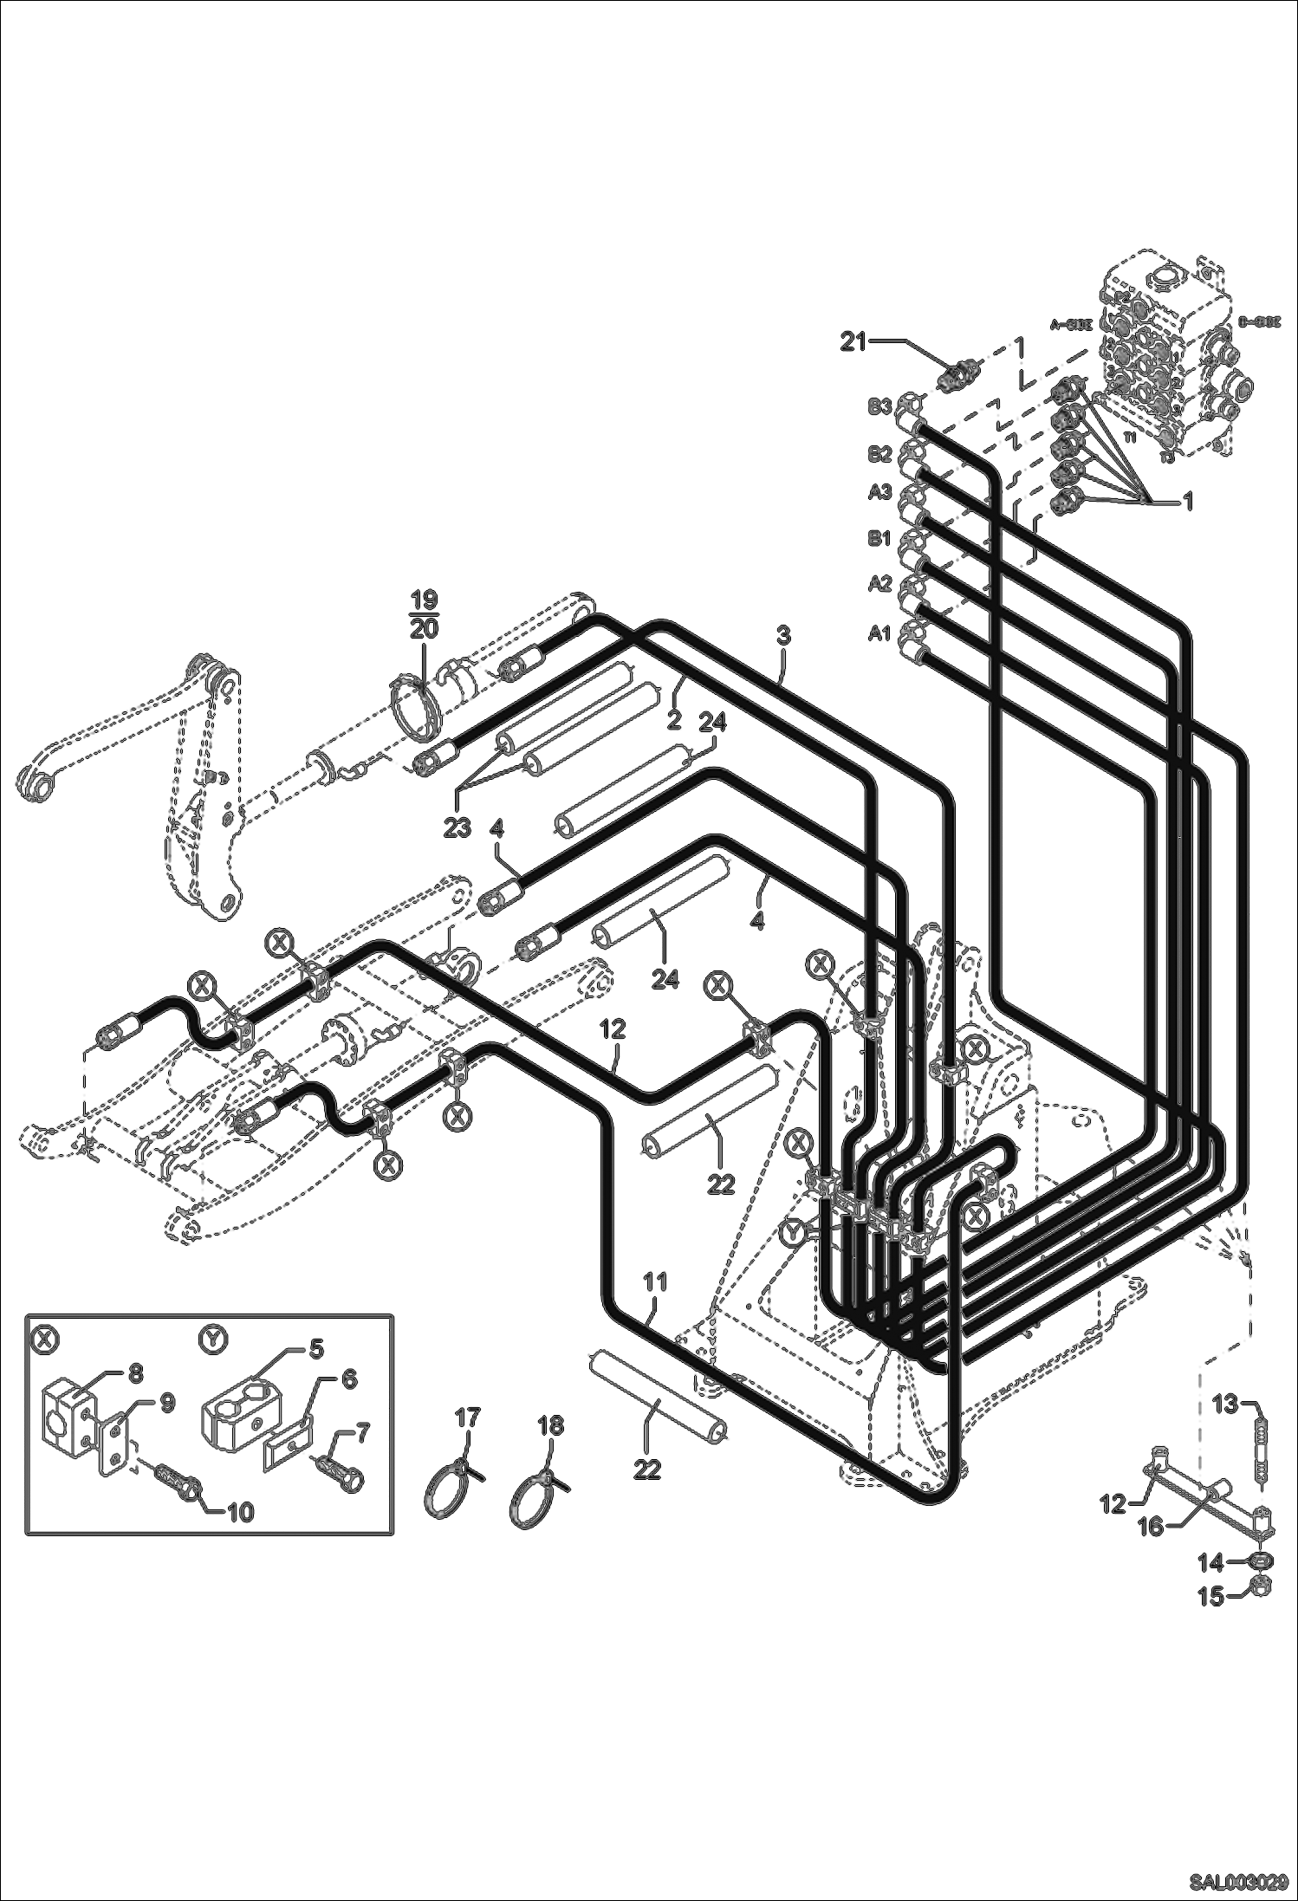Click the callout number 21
coord(853,342)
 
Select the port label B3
coord(879,406)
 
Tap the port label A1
coord(879,633)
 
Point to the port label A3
coord(879,492)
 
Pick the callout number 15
coord(1211,1596)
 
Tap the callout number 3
coord(783,634)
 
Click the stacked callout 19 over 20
coord(424,615)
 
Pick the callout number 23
coord(457,827)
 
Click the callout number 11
coord(656,1281)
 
